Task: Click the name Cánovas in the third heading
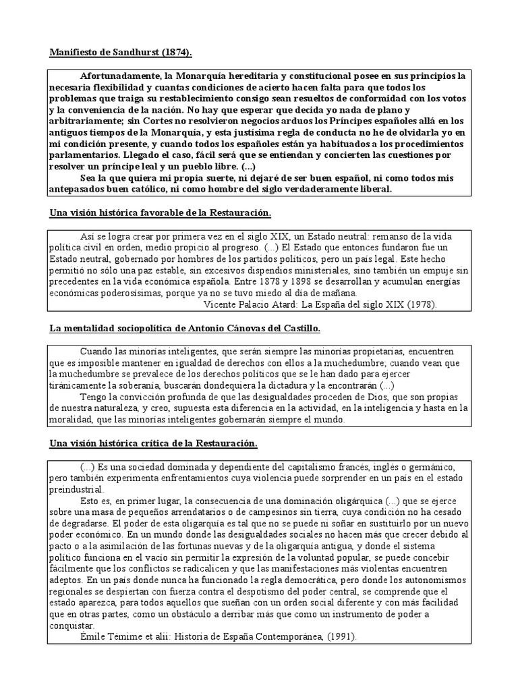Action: pos(252,329)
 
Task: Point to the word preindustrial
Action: pos(76,489)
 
